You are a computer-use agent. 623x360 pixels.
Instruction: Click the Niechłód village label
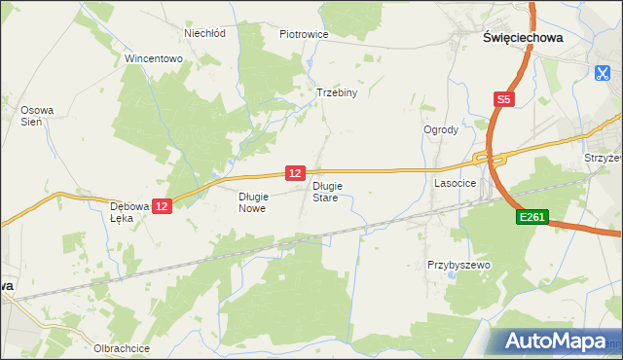[x=204, y=32]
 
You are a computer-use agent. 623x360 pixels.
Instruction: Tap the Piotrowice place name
[x=304, y=34]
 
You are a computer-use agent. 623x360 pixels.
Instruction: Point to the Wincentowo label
[x=154, y=58]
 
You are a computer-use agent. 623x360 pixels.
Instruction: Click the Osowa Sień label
[x=37, y=116]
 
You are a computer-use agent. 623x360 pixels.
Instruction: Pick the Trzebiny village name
[x=338, y=93]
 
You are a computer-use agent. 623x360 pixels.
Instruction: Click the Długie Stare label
[x=325, y=191]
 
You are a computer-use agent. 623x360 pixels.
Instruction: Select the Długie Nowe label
[x=252, y=201]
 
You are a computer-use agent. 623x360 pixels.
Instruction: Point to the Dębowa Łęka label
[x=128, y=212]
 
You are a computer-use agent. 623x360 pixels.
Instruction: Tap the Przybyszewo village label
[x=458, y=265]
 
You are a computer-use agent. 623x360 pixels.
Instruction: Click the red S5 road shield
[x=503, y=99]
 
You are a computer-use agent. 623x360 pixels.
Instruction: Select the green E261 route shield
[x=531, y=222]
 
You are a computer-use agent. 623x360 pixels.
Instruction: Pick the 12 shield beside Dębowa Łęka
[x=163, y=206]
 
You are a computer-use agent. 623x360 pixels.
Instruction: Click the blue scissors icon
[x=604, y=72]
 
